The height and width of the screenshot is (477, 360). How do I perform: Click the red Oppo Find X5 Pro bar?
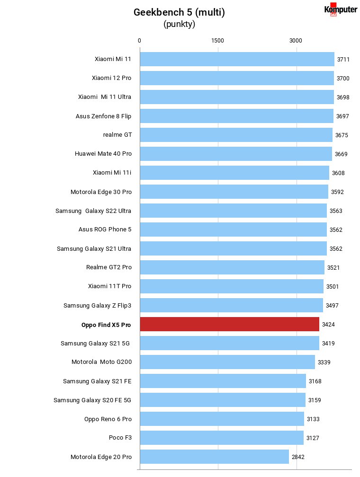click(230, 324)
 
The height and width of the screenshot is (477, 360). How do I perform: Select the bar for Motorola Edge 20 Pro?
click(215, 457)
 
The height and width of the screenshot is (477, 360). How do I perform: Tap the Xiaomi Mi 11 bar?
click(237, 59)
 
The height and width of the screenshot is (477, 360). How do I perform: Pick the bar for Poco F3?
click(222, 437)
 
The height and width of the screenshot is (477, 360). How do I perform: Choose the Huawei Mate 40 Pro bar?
click(236, 154)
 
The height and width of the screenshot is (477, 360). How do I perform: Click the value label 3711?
click(343, 60)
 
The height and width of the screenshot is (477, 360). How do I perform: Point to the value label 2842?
click(298, 457)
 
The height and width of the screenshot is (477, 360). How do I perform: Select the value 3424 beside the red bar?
click(328, 325)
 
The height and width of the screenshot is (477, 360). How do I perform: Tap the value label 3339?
click(324, 362)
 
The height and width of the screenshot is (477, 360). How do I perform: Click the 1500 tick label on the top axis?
click(217, 41)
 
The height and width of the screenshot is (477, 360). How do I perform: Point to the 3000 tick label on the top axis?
click(296, 41)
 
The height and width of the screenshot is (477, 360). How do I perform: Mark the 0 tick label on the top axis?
click(139, 41)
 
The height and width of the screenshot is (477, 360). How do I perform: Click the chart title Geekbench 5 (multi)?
click(179, 12)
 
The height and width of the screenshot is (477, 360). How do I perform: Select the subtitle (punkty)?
click(179, 24)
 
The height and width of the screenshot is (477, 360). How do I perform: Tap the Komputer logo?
click(341, 9)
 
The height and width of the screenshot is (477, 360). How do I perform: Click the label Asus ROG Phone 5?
click(105, 230)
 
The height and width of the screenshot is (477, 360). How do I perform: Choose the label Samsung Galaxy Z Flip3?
click(97, 305)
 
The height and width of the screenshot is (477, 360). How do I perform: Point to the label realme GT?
click(117, 135)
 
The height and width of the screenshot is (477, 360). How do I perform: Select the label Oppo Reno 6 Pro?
click(108, 419)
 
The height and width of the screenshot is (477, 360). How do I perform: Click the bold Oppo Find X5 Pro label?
click(106, 325)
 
